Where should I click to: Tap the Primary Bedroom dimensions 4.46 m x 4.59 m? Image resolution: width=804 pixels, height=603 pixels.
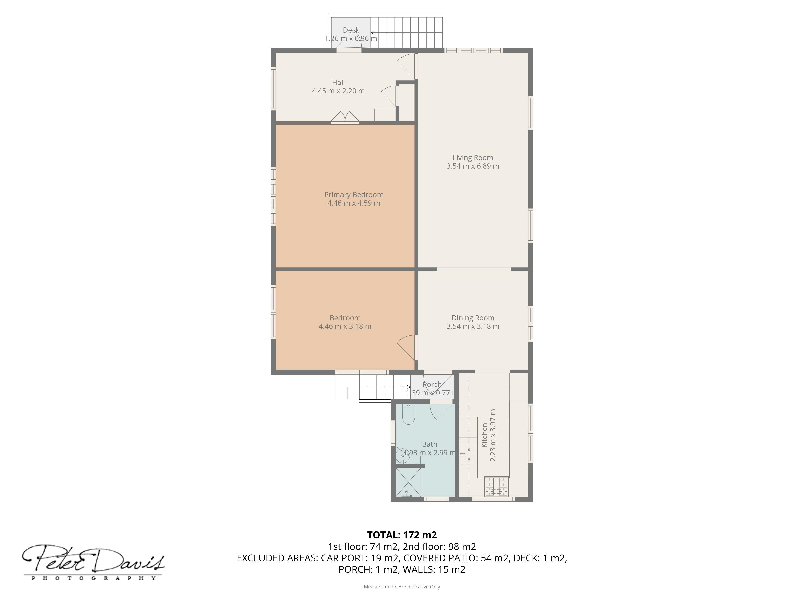pos(354,203)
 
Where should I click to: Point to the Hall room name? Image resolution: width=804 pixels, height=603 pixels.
pos(338,82)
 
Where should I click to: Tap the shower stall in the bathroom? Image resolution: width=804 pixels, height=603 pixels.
pos(408,482)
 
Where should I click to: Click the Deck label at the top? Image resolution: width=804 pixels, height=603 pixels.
pos(351,30)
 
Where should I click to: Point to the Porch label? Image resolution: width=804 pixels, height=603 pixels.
pos(432,384)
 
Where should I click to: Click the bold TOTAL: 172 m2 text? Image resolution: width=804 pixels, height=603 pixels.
pos(402,535)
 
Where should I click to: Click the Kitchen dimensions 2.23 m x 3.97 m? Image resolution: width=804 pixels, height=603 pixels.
pos(493,435)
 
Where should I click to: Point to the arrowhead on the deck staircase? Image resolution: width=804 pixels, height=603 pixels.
pos(373,33)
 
